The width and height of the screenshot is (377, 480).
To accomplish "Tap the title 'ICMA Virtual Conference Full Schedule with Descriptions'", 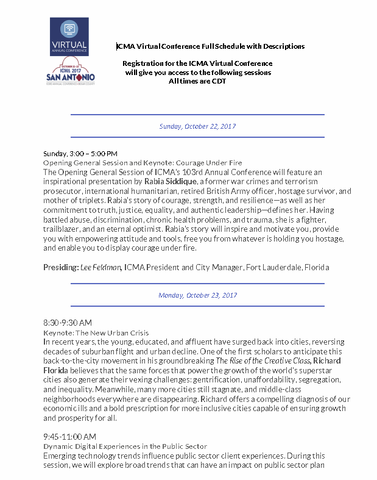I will click(211, 46).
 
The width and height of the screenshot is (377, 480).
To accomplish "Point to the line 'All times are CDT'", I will click(197, 81).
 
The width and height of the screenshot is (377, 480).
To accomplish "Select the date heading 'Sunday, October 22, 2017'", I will click(197, 126).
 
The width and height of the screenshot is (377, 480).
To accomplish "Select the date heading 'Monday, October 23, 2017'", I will click(197, 295).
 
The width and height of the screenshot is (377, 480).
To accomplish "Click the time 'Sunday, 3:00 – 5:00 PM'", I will click(80, 154).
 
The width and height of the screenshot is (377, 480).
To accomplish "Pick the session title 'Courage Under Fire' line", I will click(143, 163).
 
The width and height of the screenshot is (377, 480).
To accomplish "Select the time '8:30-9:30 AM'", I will click(68, 322).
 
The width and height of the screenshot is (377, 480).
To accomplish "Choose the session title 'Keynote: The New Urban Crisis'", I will click(96, 333).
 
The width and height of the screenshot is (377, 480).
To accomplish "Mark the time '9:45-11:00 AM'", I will click(69, 437).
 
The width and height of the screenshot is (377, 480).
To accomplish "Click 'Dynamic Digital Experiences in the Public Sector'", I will click(125, 446).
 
